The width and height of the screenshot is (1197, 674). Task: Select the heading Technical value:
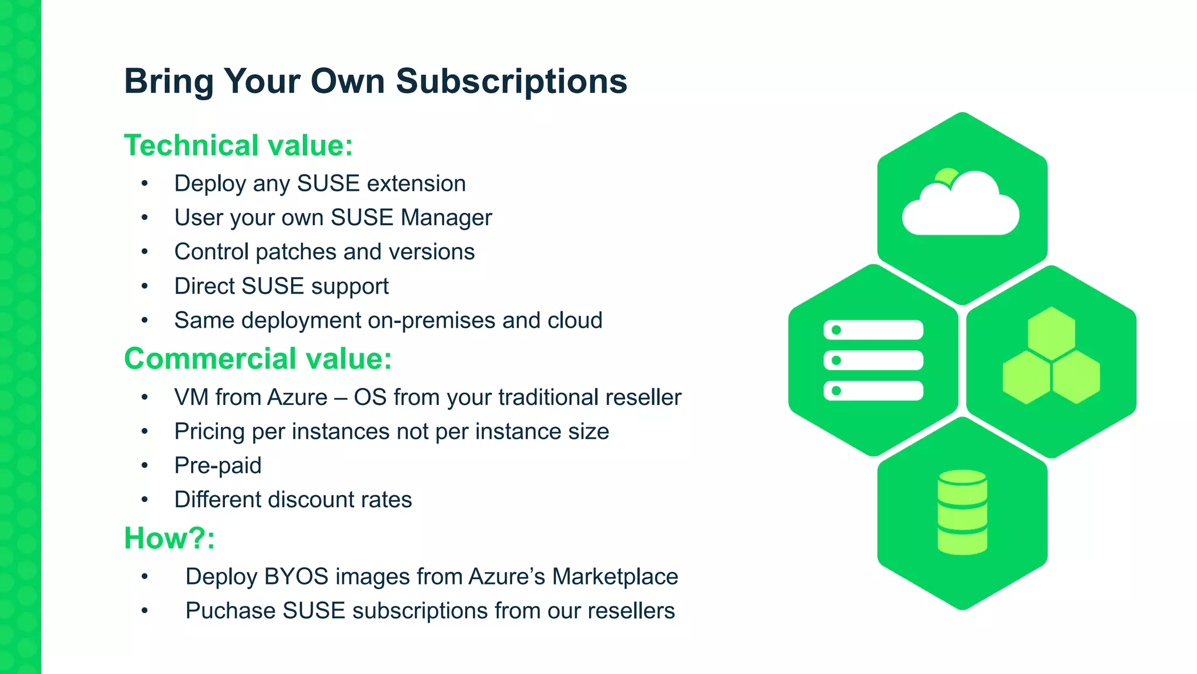(238, 145)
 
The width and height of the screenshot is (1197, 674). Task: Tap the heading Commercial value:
(258, 358)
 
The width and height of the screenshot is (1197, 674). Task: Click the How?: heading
(169, 538)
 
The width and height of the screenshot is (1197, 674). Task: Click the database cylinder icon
(962, 512)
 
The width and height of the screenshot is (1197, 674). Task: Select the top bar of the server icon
(873, 330)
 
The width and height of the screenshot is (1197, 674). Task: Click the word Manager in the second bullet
(447, 218)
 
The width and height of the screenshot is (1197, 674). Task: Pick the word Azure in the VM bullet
(297, 397)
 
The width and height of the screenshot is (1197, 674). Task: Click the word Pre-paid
(217, 466)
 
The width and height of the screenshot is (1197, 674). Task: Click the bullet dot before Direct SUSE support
(144, 287)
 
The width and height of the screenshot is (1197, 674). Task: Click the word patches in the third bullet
(296, 252)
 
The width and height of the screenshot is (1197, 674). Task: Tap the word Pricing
(209, 432)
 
